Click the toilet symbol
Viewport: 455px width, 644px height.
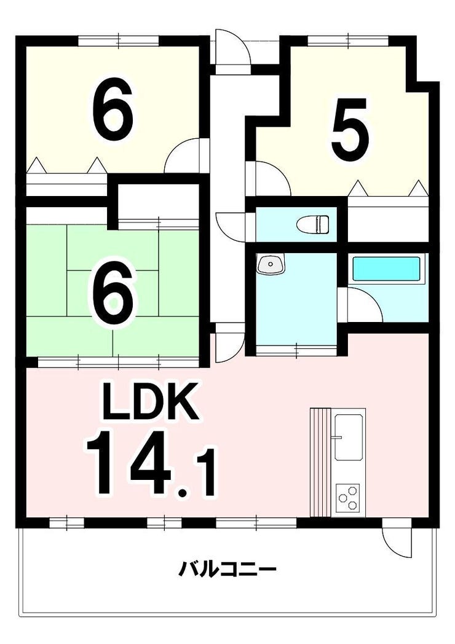[x=313, y=224]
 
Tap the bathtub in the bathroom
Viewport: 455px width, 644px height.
[x=386, y=270]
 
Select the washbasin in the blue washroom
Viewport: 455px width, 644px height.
[x=271, y=264]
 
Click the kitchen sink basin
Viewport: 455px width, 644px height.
[x=349, y=437]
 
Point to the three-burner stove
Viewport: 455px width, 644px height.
[x=348, y=497]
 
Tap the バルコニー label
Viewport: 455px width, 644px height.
[x=228, y=569]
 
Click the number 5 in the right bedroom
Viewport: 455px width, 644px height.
[x=350, y=130]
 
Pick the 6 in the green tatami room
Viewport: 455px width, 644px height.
[x=113, y=293]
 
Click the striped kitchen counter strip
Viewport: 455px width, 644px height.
[x=320, y=463]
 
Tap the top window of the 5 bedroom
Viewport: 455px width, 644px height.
[x=348, y=41]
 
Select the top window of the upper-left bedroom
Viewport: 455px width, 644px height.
[x=118, y=41]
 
